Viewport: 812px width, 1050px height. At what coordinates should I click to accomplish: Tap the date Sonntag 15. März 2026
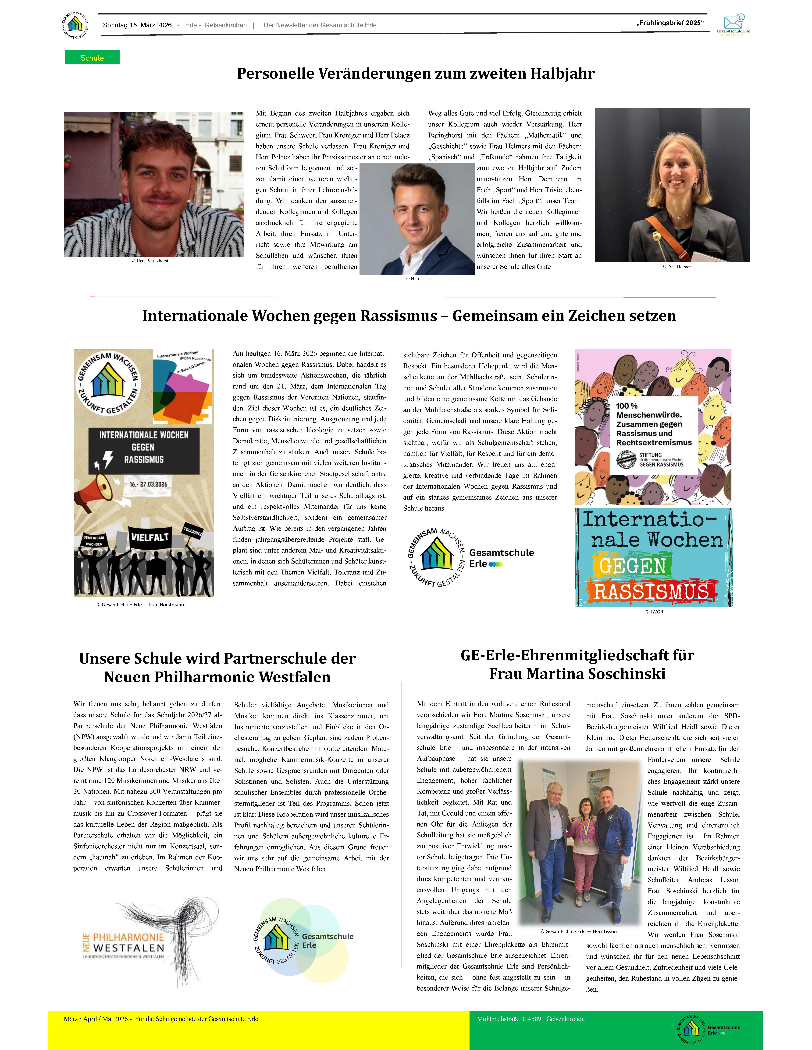[137, 25]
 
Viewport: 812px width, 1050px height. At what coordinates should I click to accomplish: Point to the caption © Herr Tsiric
[419, 278]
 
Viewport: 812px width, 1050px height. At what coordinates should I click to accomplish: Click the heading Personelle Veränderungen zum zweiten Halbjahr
[416, 73]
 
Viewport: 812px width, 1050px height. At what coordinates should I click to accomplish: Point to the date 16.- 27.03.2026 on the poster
[149, 484]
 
